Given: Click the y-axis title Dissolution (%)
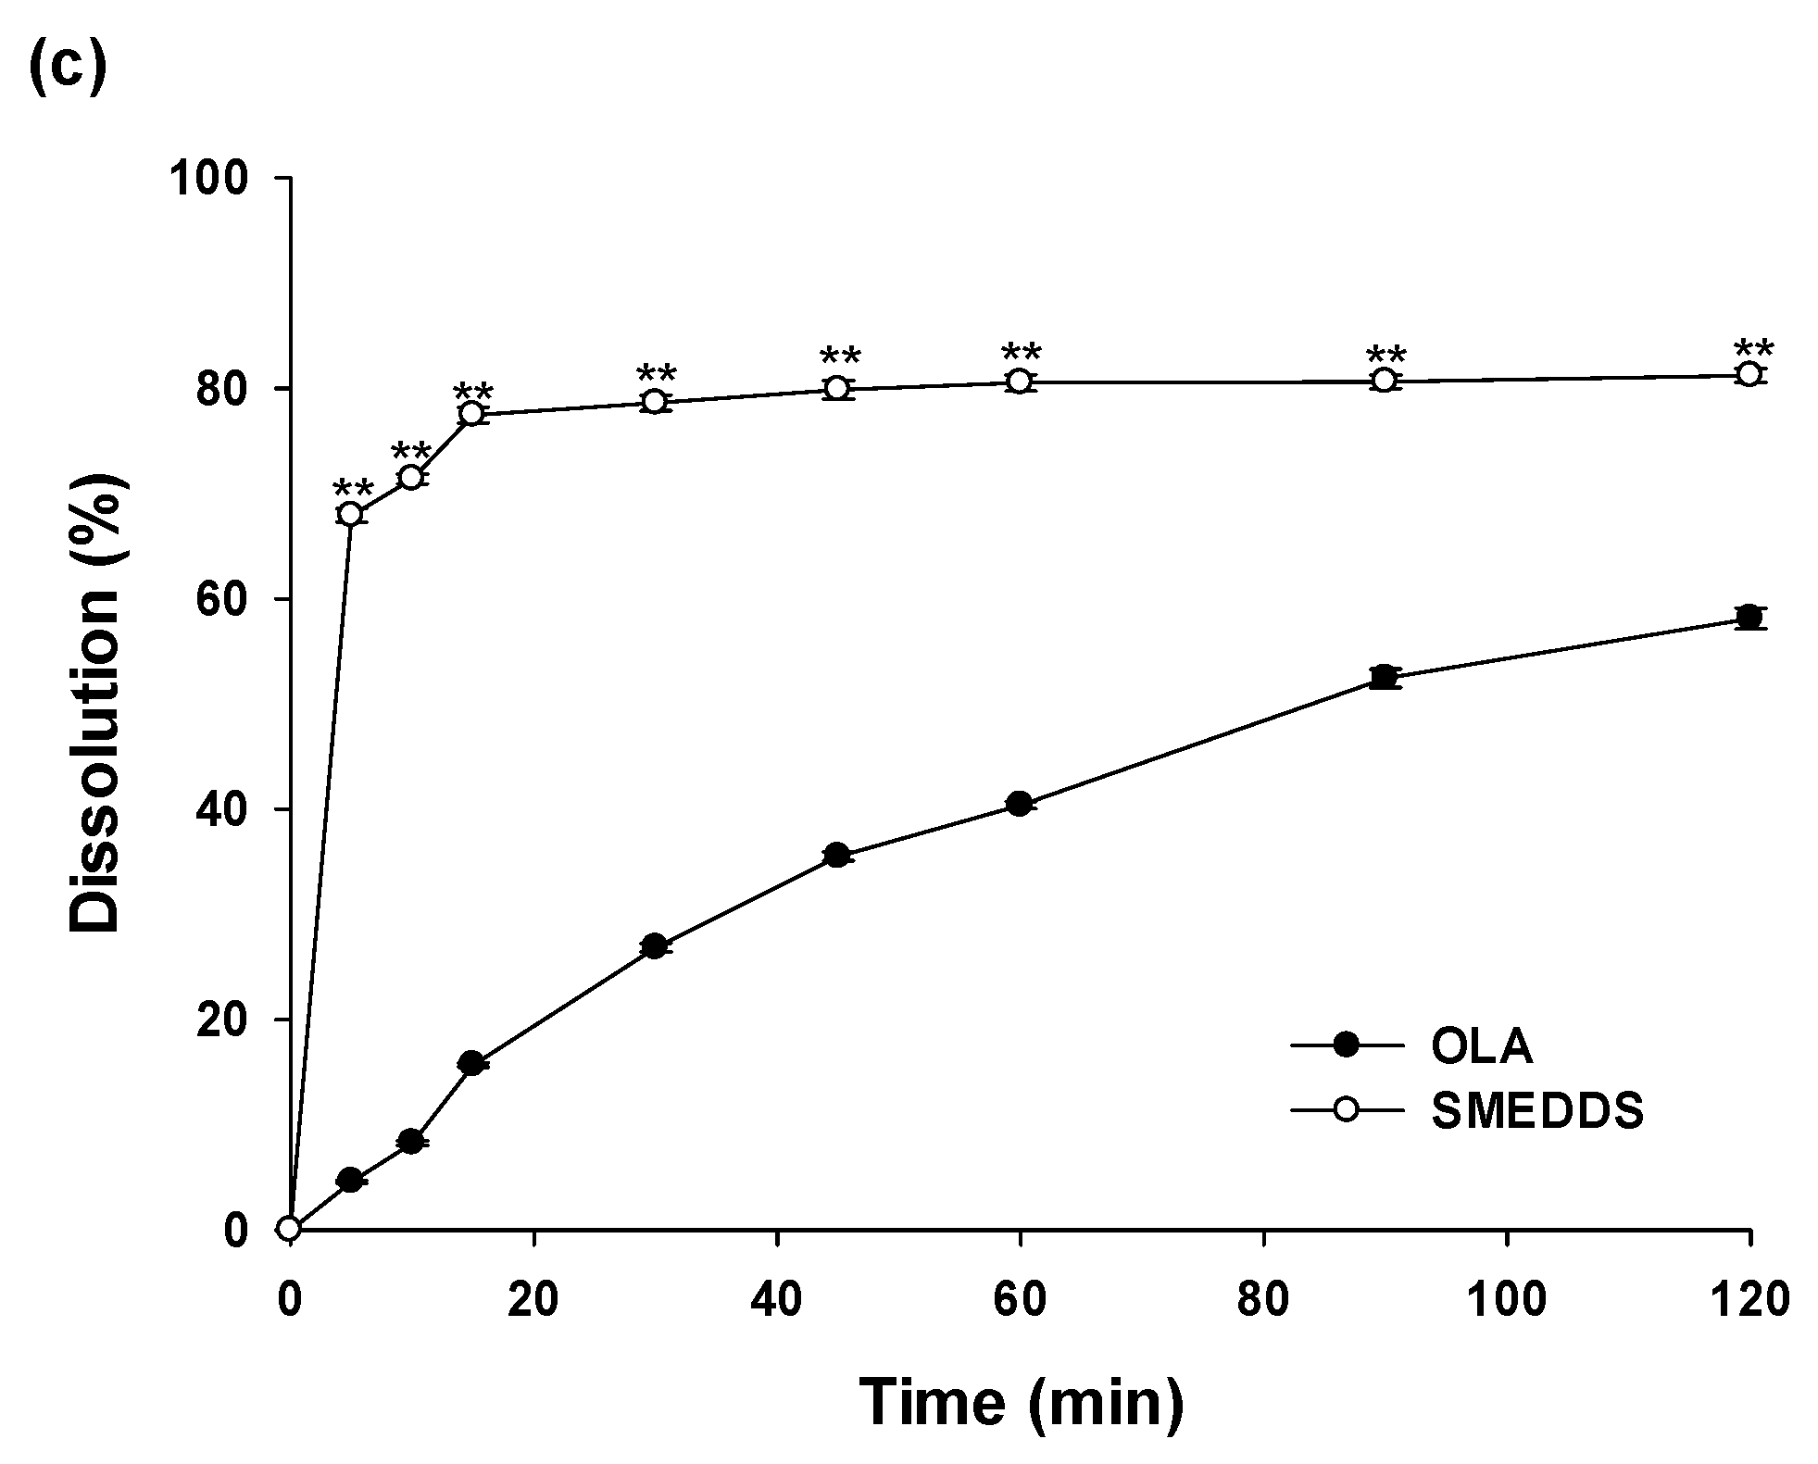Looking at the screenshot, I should [x=95, y=703].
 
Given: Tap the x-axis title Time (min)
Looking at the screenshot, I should [x=1021, y=1401].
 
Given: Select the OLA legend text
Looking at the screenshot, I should [x=1481, y=1046].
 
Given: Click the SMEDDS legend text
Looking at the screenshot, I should [x=1537, y=1109].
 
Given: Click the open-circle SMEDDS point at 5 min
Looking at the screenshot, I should [x=350, y=513].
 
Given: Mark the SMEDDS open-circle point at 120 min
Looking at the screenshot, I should [x=1749, y=374].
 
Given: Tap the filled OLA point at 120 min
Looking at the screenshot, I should [x=1749, y=617].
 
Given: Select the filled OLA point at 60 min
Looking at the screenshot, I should [x=1020, y=804].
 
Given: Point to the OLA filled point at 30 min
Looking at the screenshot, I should [x=655, y=946].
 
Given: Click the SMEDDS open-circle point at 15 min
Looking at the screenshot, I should [x=472, y=414].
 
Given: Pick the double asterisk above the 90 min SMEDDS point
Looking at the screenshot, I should [x=1386, y=356].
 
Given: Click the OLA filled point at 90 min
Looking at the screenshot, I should [x=1385, y=677].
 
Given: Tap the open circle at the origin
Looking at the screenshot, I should [x=290, y=1229].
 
